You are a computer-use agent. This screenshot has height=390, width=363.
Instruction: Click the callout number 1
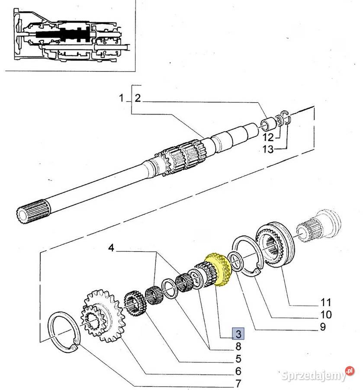(122, 98)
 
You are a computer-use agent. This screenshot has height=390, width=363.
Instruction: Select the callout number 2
(137, 98)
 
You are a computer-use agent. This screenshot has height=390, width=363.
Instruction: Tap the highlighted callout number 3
(238, 334)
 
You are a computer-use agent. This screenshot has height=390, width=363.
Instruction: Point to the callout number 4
(111, 248)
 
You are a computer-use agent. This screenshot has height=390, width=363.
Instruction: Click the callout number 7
(238, 384)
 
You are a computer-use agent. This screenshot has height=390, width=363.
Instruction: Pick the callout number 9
(322, 327)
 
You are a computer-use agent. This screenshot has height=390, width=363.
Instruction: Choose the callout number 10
(326, 315)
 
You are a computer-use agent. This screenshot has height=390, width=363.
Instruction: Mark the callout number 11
(325, 302)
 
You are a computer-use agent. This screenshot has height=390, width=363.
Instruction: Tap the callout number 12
(268, 138)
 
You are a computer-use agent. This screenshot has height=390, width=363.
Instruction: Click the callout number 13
(268, 150)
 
